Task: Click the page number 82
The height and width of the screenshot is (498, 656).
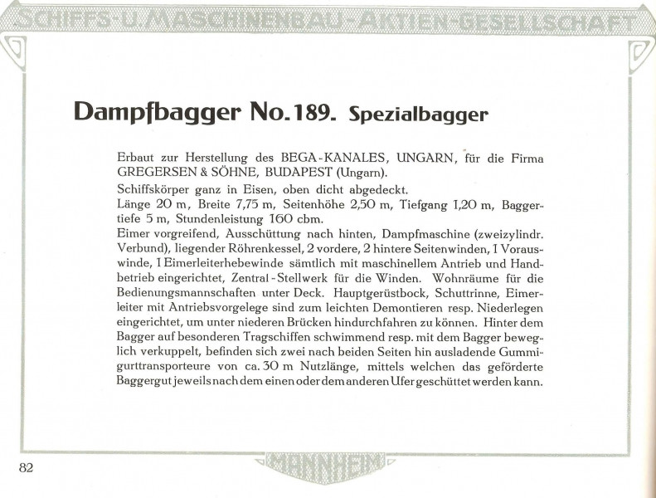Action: click(26, 466)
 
